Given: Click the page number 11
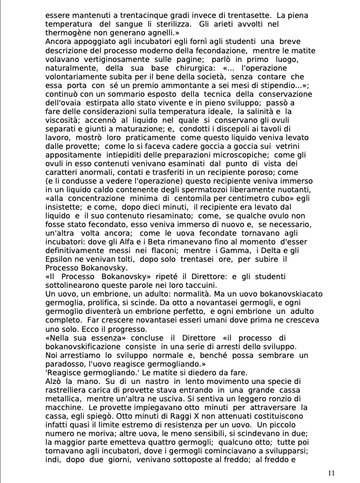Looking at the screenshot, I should (x=331, y=473).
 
